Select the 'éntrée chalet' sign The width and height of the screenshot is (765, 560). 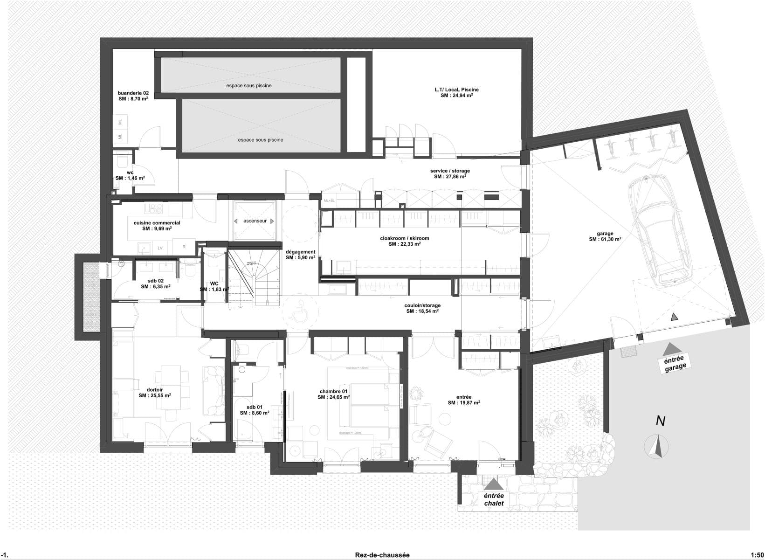click(x=494, y=500)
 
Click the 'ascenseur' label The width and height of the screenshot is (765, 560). click(x=255, y=221)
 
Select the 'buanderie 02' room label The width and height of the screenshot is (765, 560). click(x=133, y=93)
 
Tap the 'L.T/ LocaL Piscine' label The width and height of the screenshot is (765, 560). click(x=456, y=90)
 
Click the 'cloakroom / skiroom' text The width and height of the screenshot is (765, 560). click(x=404, y=238)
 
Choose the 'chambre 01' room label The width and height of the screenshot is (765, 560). click(x=334, y=391)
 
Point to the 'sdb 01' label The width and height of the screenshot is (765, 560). click(x=254, y=407)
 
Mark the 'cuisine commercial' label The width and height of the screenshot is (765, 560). click(x=157, y=223)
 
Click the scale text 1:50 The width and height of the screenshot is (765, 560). click(x=757, y=555)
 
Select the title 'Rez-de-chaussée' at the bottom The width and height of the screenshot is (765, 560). click(x=382, y=555)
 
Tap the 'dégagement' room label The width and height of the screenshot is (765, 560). click(x=300, y=252)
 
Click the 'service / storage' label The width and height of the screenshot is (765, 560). click(x=450, y=171)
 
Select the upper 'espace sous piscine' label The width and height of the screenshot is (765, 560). click(x=248, y=86)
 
